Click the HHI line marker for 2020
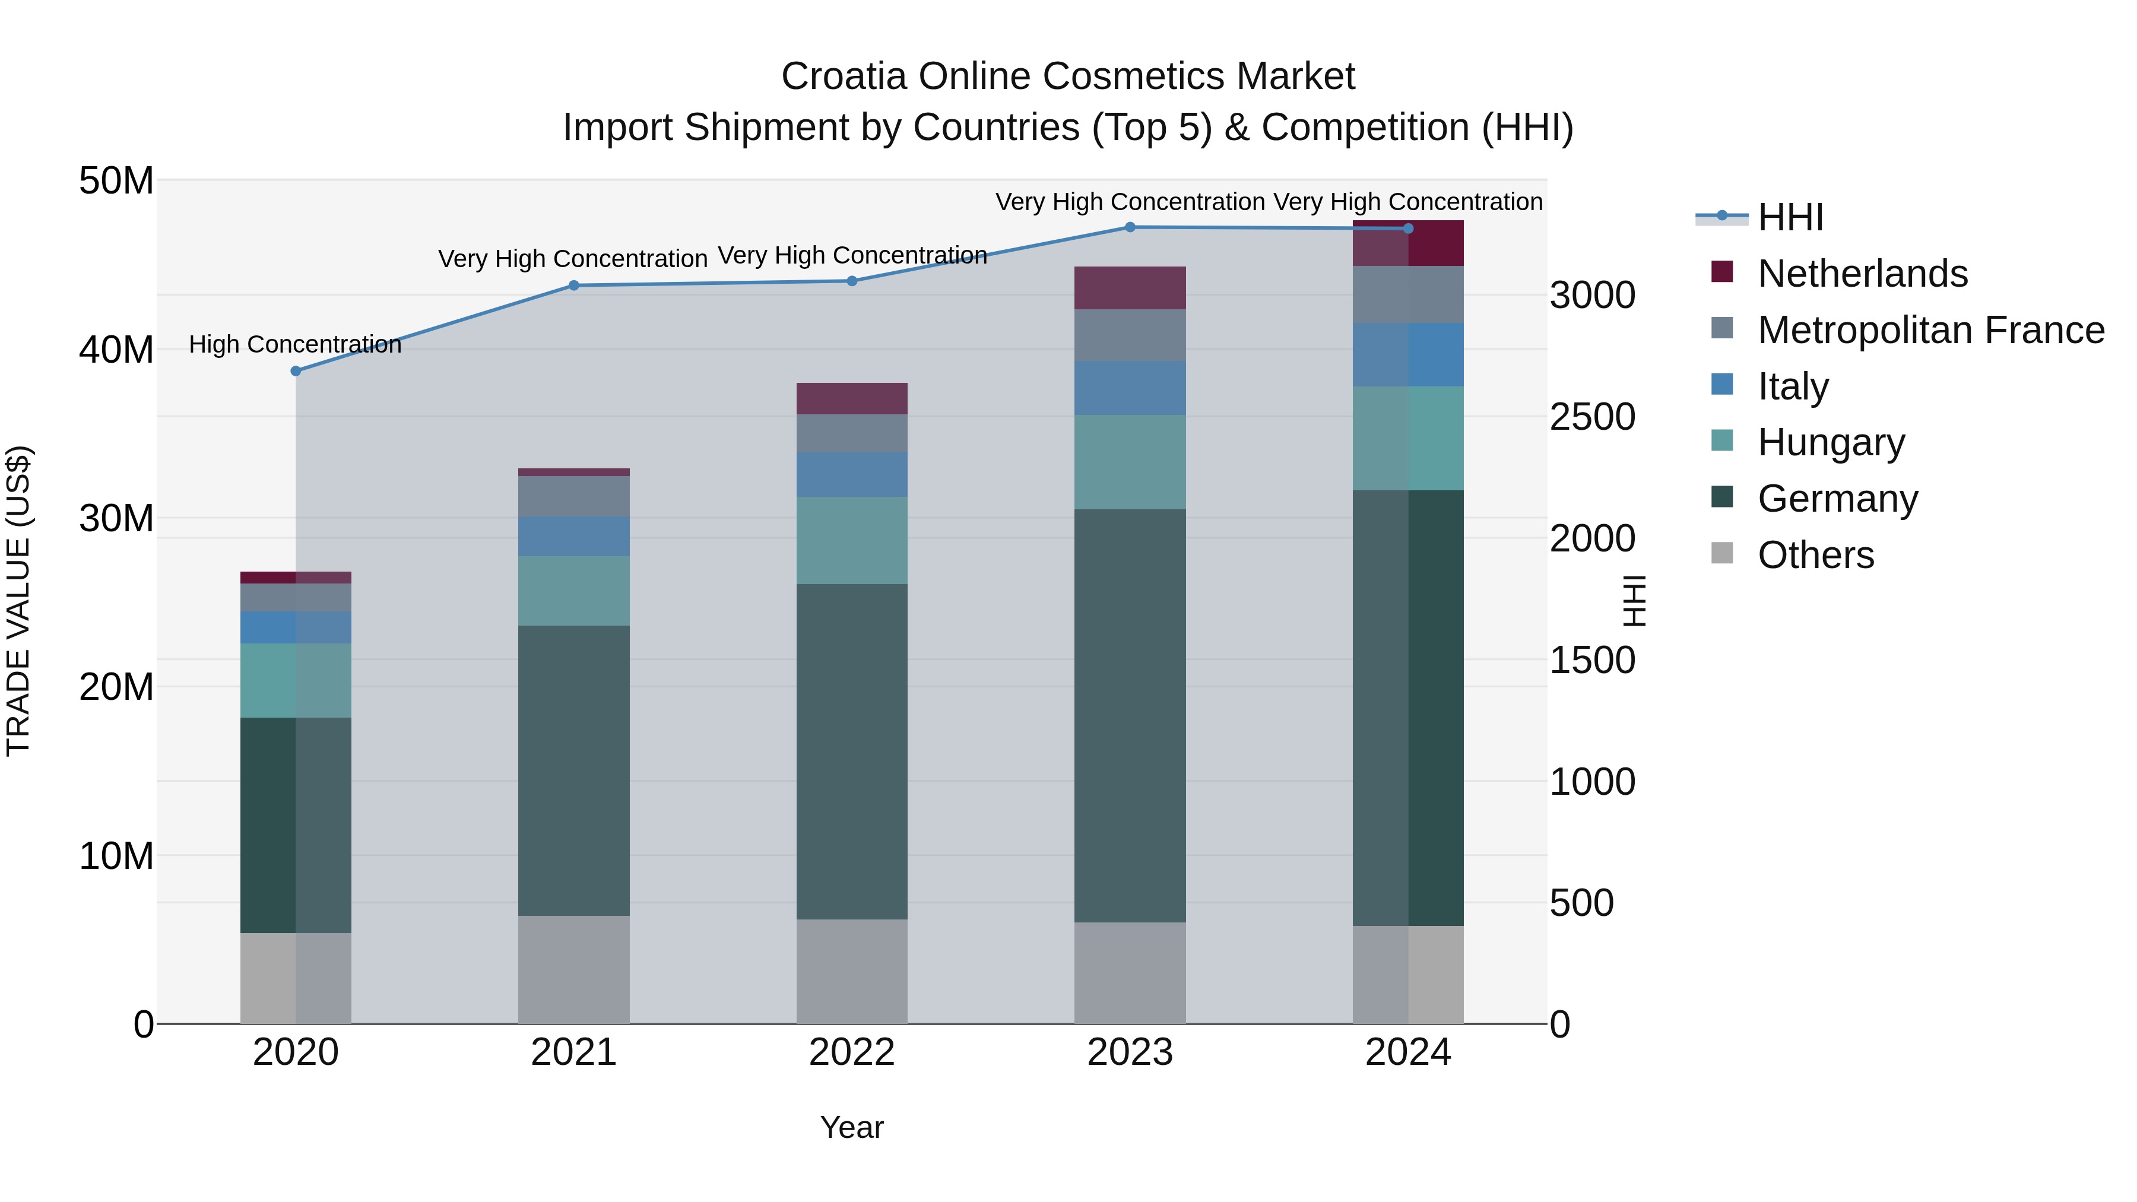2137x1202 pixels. pos(296,371)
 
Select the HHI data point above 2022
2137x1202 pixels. pos(851,281)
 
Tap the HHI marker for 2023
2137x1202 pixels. pos(1130,227)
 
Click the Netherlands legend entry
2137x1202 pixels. pos(1861,274)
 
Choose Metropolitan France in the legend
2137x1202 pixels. pos(1930,330)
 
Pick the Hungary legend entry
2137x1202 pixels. pos(1830,442)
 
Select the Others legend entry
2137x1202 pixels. pos(1815,555)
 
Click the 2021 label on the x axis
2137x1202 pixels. pos(573,1052)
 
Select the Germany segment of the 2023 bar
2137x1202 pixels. pos(1130,715)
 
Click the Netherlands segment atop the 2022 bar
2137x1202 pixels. pos(851,399)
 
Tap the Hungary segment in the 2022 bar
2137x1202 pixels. pos(851,540)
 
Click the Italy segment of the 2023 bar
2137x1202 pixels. pos(1130,388)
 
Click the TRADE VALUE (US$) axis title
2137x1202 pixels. pos(18,601)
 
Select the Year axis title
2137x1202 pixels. pos(851,1127)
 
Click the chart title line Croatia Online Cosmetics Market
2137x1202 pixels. pos(1068,77)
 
